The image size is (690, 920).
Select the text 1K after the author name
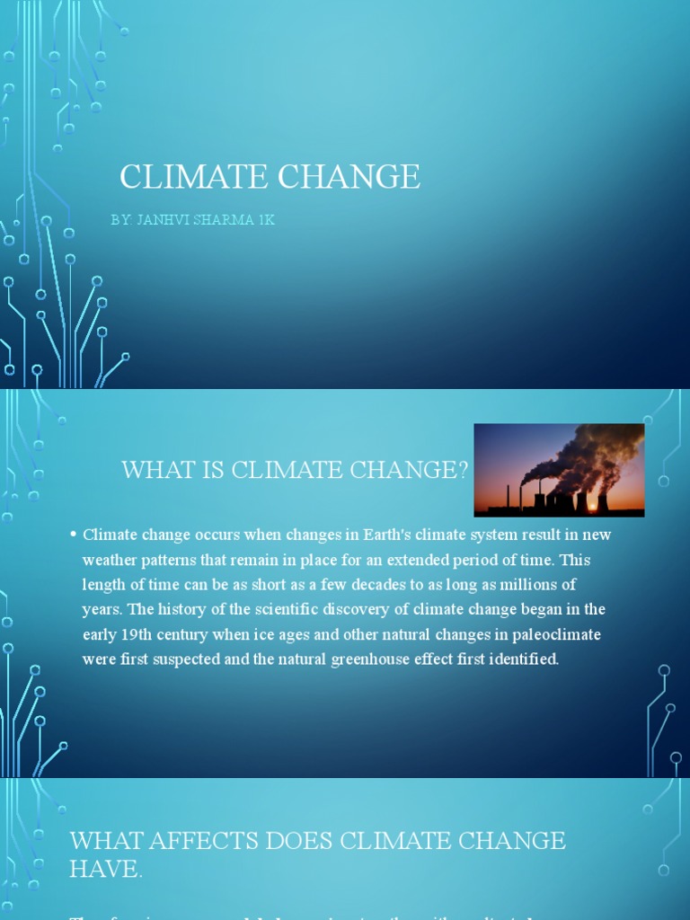(x=265, y=220)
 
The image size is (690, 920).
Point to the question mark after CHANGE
(x=463, y=469)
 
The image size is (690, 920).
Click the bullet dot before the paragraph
(x=73, y=535)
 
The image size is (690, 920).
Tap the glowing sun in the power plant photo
(x=592, y=507)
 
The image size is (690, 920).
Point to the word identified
(x=522, y=659)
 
